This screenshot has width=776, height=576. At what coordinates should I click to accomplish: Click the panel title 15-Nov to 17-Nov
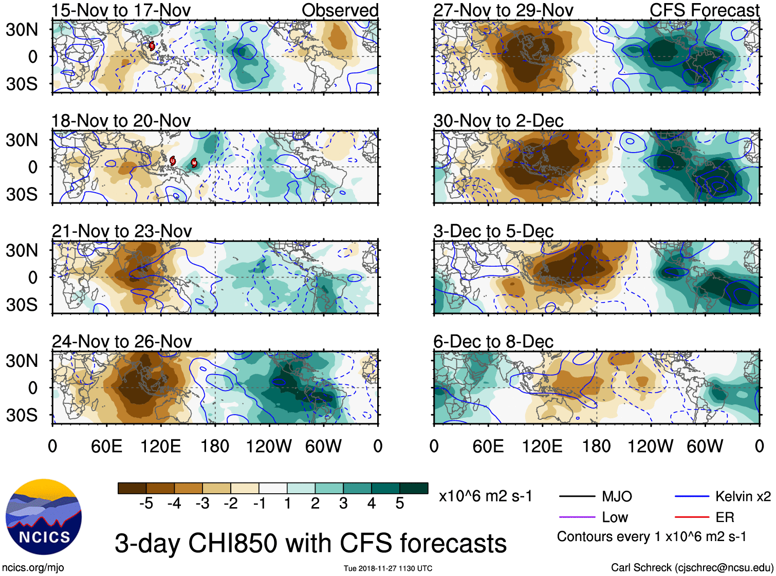point(121,10)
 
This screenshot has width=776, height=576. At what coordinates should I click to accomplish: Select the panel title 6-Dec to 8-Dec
point(493,341)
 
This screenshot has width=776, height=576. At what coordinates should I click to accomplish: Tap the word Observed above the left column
point(340,10)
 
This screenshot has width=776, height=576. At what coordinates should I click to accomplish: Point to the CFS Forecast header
point(704,10)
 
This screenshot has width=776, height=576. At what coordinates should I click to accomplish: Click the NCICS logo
point(44,517)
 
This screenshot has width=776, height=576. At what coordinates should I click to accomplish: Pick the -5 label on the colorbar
point(146,504)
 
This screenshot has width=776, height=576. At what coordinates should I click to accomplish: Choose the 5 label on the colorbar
point(400,504)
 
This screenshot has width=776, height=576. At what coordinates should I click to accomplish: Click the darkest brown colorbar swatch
point(132,488)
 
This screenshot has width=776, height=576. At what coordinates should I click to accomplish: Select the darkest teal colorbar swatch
point(414,488)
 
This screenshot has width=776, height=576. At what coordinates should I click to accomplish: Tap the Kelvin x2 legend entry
point(743,496)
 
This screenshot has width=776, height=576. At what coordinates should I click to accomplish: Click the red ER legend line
point(692,517)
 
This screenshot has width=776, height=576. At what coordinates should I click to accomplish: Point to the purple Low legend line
point(577,517)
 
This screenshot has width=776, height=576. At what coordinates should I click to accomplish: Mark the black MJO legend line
point(577,496)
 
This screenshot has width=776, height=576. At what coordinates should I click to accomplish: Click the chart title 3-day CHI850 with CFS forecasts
point(310,543)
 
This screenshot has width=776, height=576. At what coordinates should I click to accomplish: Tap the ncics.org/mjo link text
point(33,567)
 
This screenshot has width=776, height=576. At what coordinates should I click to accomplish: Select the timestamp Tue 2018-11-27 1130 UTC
point(388,568)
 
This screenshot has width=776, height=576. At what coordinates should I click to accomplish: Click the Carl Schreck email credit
point(692,567)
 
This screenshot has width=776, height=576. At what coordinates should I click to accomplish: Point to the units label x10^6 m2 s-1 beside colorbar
point(485,496)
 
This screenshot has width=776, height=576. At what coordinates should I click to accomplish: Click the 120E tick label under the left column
point(160,446)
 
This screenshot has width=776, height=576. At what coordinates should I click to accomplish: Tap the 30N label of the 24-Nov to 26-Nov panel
point(22,361)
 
